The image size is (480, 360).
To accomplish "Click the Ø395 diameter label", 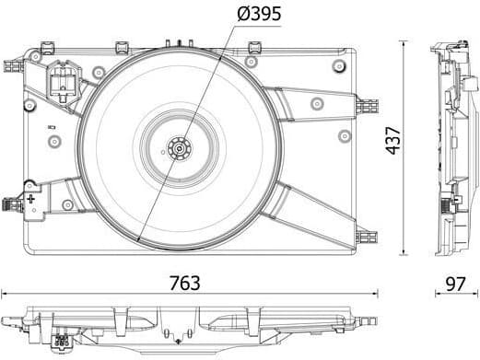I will coord(258,14).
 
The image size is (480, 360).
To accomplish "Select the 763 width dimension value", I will coord(185,283).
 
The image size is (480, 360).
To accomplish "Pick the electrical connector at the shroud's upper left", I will coord(62,81).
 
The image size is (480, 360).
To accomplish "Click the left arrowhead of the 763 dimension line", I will coord(5,296).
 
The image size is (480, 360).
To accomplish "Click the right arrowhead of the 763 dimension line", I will coord(376,296).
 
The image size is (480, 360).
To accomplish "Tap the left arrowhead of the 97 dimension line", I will coord(436,296).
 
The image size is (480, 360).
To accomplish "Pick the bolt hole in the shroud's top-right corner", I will coord(339,65).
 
